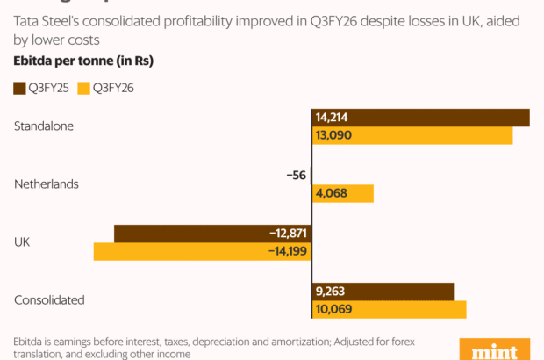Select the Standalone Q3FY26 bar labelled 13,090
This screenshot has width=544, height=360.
(412, 136)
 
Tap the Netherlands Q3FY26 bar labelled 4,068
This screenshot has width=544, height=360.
(343, 194)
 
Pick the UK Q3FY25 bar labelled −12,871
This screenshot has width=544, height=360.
(213, 234)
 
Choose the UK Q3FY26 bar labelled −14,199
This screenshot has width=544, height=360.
(203, 252)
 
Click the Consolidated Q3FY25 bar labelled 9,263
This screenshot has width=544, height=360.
(383, 292)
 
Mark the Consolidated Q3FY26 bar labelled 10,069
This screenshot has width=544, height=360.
(389, 310)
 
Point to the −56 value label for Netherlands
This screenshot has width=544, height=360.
(296, 176)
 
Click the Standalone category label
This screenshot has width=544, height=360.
(44, 126)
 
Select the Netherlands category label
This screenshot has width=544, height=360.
(47, 184)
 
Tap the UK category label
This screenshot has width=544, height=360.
(22, 241)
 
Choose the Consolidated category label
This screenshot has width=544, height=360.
(49, 300)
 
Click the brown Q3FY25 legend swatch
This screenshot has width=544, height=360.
(18, 87)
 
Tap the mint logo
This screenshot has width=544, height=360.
(495, 349)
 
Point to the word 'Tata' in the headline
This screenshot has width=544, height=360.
(25, 21)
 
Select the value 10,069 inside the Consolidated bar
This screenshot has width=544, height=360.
(331, 310)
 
